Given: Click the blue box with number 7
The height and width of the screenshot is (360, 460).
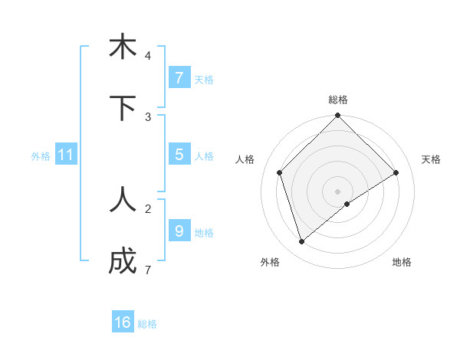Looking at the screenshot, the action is (179, 77).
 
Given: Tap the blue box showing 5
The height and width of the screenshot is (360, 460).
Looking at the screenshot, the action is (179, 154).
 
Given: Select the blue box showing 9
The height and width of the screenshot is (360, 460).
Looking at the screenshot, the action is (179, 231).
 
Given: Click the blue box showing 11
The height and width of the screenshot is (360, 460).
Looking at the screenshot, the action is (66, 155).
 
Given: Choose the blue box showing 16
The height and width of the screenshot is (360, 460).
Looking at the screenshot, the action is (123, 322).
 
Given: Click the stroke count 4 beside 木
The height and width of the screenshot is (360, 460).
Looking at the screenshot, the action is (147, 56).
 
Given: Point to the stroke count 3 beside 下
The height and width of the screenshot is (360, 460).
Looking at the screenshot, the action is (147, 116).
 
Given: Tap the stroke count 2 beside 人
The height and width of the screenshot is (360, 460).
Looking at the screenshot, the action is (147, 208).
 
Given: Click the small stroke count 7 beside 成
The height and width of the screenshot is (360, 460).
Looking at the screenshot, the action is (147, 270).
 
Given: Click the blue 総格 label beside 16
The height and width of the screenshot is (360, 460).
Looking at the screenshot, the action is (147, 324).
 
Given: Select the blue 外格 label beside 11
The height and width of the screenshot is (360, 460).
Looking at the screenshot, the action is (41, 156).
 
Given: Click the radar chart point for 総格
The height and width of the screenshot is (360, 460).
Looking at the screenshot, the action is (337, 116).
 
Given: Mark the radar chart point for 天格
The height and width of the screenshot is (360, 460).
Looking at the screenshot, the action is (396, 172).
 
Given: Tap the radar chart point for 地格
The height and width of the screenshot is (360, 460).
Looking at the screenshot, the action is (347, 204).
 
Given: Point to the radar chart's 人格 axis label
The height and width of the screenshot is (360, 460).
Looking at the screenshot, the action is (245, 159).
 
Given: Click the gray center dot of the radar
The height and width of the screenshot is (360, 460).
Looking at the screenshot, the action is (337, 191).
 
